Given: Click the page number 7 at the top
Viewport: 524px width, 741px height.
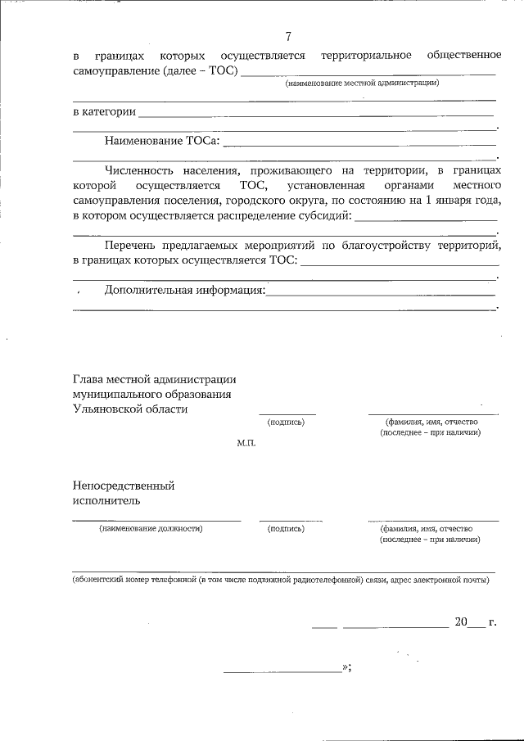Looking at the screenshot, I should [288, 35].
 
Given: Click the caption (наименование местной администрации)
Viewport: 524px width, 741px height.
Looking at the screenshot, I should [362, 83].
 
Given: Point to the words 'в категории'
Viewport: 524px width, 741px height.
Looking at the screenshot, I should [104, 111].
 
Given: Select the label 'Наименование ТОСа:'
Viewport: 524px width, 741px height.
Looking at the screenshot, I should [161, 141].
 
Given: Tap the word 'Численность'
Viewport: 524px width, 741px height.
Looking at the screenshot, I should [137, 170].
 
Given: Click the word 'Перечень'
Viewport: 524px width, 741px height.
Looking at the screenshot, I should [130, 245].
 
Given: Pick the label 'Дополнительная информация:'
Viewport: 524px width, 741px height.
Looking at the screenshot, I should [184, 290].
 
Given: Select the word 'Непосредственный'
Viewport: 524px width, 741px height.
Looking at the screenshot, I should [123, 486].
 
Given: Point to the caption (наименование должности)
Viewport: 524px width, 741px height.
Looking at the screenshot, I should [151, 529].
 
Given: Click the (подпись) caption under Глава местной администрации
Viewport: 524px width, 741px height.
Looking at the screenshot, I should [286, 422].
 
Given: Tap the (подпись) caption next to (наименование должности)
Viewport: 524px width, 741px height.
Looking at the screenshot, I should [286, 529].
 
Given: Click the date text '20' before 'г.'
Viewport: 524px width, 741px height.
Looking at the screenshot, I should [460, 622].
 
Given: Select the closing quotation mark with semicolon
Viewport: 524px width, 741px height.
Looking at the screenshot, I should [348, 668].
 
